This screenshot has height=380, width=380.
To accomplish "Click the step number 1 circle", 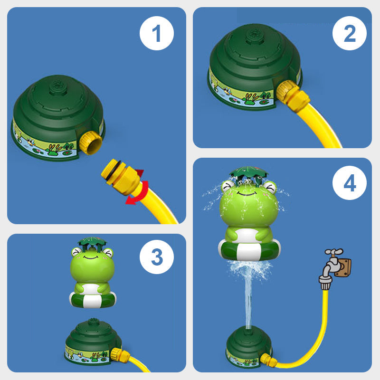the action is [x=157, y=33].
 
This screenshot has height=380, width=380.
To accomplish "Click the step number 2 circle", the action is [x=350, y=33].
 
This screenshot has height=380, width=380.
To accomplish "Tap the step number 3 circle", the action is [x=157, y=257].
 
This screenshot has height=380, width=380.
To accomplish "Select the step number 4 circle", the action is [x=350, y=183].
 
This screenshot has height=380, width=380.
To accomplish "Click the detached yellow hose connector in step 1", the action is [x=121, y=176].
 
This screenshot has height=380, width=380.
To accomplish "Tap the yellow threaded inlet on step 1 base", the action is [x=91, y=143].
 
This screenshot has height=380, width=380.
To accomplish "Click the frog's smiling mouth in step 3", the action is [x=91, y=257].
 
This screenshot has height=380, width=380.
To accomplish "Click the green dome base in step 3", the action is [x=93, y=342].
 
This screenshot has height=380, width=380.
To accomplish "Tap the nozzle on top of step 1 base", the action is [x=58, y=85].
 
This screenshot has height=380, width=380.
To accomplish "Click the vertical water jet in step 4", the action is [x=248, y=303].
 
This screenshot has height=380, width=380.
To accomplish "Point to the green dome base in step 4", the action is [x=249, y=347].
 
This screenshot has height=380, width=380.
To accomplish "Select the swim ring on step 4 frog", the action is [x=249, y=250].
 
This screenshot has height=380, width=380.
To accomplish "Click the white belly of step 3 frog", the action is [x=91, y=289].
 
